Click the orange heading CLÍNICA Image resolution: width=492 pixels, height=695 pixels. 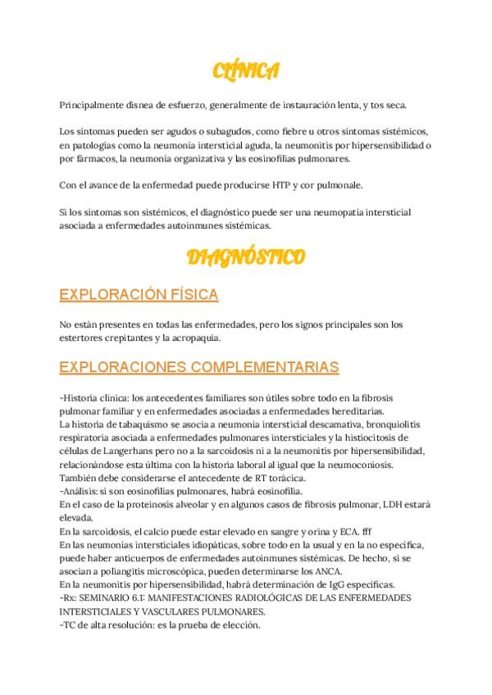pos(246,72)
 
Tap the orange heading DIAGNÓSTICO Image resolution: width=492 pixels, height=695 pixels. pos(246,258)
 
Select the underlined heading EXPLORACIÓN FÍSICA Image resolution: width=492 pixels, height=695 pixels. pos(139,295)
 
